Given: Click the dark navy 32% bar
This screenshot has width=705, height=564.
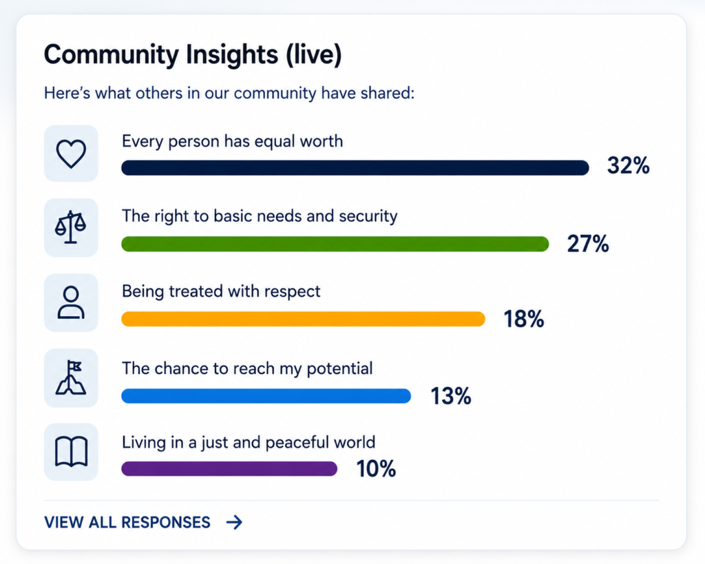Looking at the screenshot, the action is (355, 168).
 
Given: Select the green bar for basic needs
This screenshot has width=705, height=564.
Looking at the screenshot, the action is (335, 244).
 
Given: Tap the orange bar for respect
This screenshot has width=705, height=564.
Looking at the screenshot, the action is (303, 319).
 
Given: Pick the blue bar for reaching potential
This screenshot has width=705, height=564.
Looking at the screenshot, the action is (266, 396).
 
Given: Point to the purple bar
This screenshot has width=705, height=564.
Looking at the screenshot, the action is (229, 469).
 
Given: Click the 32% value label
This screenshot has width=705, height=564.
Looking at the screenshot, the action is (628, 165).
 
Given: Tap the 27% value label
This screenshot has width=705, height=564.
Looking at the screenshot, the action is (588, 244).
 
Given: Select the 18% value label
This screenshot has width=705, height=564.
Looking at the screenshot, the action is (524, 319).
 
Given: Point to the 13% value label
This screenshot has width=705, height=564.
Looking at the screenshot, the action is (451, 396).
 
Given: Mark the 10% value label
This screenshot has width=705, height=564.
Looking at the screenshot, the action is (376, 469).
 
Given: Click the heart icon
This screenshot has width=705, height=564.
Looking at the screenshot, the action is (71, 154).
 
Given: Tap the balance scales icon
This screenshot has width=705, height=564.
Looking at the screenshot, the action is (71, 227).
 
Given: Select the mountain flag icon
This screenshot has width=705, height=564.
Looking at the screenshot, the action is (71, 378).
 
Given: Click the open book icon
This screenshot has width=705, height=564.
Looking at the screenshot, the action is (71, 452).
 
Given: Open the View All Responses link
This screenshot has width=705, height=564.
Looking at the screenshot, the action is (127, 522).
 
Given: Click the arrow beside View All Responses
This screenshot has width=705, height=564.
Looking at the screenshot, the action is (234, 522).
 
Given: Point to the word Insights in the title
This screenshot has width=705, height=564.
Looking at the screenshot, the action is (232, 55).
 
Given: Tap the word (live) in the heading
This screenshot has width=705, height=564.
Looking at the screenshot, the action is (314, 55).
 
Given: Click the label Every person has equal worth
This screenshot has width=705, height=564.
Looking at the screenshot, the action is (233, 141).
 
